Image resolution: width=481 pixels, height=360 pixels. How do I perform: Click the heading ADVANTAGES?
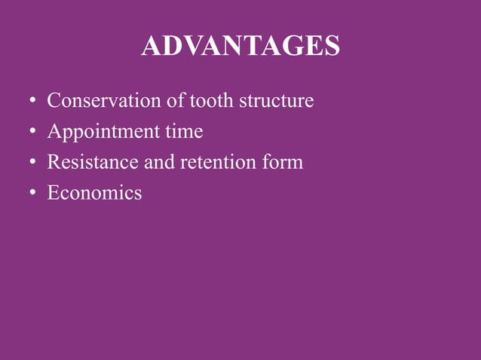(240, 47)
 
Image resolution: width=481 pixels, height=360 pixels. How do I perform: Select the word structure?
(276, 100)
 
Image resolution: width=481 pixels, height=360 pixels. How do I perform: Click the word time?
(184, 132)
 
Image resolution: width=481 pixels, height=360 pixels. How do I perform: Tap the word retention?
(213, 162)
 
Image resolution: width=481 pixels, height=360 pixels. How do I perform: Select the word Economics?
(94, 193)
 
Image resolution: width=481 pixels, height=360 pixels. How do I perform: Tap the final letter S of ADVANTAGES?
(331, 47)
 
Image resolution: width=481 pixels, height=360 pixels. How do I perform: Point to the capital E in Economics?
(53, 193)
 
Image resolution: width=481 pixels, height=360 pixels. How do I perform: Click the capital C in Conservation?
(53, 100)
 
